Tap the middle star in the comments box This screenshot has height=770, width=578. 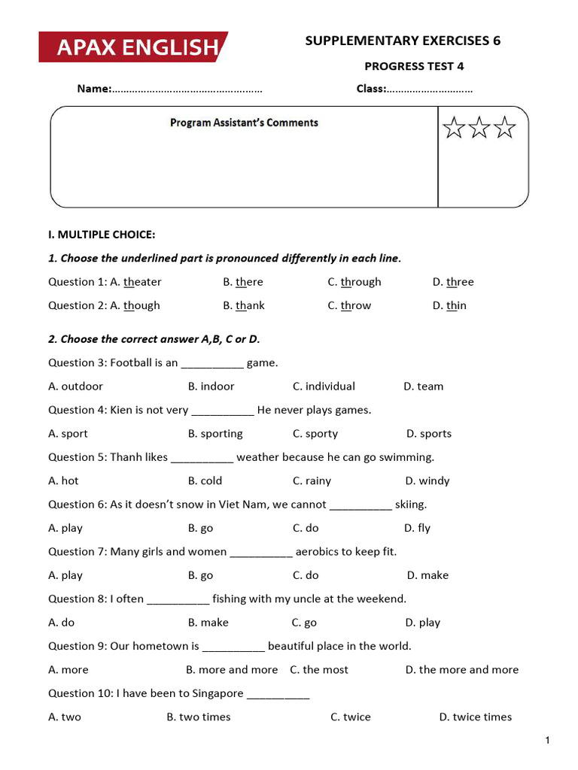point(479,128)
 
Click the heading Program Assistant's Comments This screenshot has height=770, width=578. point(244,123)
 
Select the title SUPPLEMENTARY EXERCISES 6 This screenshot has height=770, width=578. point(403,41)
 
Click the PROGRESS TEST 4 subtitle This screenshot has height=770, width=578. point(414,66)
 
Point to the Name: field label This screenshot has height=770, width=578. point(94,89)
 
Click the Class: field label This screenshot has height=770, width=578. point(371,89)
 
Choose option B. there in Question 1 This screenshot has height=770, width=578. point(243,282)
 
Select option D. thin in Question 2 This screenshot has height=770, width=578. point(449,305)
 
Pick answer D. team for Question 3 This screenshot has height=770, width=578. point(424,387)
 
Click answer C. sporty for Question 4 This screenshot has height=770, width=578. point(315,434)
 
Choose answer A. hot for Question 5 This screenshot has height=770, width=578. point(63,481)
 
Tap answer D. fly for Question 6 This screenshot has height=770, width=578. point(418,528)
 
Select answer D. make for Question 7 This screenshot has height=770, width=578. point(427,575)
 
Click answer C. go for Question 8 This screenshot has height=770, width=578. point(304,623)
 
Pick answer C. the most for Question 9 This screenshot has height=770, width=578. point(319,670)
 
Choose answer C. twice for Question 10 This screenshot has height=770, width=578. point(351,717)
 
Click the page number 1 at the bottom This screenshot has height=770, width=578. point(549,741)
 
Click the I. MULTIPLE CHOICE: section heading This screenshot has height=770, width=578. point(102,235)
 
